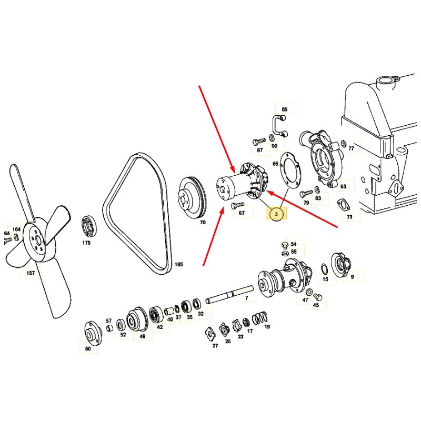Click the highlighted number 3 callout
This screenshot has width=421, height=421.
point(276,214)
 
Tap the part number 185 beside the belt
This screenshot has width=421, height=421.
point(179,265)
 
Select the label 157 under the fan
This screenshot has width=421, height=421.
point(31,273)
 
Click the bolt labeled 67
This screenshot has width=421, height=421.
point(238,205)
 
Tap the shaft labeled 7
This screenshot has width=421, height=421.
point(229,294)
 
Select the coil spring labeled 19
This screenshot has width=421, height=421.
point(260,318)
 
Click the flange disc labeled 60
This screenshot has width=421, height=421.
point(93,333)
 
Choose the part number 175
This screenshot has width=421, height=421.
point(86,243)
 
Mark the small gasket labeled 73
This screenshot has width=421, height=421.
point(344,205)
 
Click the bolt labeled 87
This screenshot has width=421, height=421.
point(259,141)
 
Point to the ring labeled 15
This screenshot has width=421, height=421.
point(324,268)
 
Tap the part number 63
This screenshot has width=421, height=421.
point(343,186)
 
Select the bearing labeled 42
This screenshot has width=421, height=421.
point(156,314)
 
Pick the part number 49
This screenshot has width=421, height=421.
point(143,336)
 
